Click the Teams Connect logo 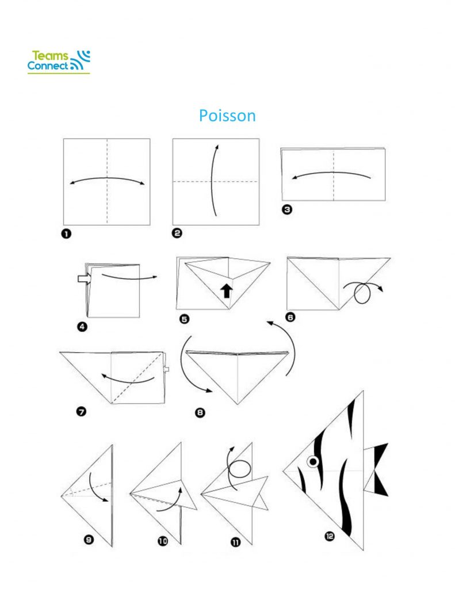pyautogui.click(x=59, y=62)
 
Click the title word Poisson pyautogui.click(x=227, y=116)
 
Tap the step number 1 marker pyautogui.click(x=66, y=234)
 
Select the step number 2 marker pyautogui.click(x=177, y=234)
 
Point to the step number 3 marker pyautogui.click(x=287, y=209)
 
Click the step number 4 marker pyautogui.click(x=82, y=327)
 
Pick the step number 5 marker pyautogui.click(x=185, y=319)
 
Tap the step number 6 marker pyautogui.click(x=290, y=318)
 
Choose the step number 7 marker pyautogui.click(x=81, y=412)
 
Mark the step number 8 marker pyautogui.click(x=200, y=413)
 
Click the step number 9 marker pyautogui.click(x=89, y=540)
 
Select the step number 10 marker pyautogui.click(x=163, y=541)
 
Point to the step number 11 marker pyautogui.click(x=236, y=542)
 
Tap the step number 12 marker pyautogui.click(x=330, y=536)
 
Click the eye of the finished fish pyautogui.click(x=313, y=461)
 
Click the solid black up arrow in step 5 pyautogui.click(x=226, y=290)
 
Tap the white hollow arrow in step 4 pyautogui.click(x=85, y=278)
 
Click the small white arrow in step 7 pyautogui.click(x=166, y=369)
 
